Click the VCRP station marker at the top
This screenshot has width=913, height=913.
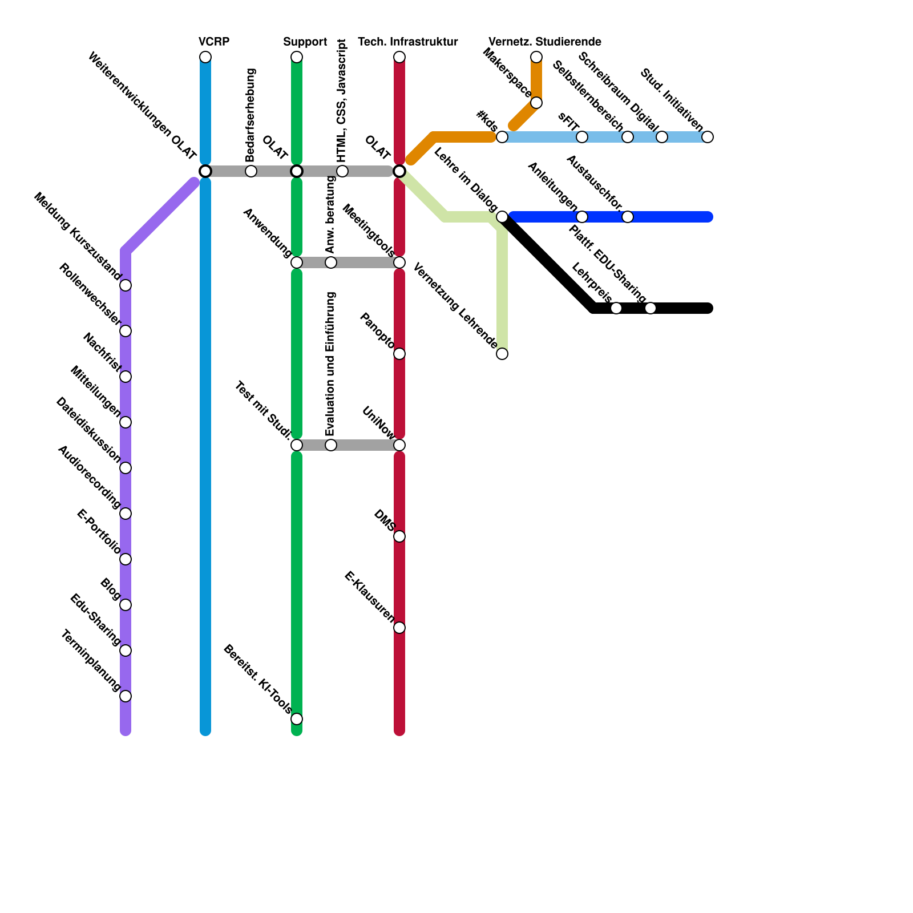(x=205, y=57)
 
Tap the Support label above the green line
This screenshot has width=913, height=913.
(x=305, y=42)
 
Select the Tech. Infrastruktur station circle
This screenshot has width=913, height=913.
(x=399, y=57)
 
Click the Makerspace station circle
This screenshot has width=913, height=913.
(x=536, y=103)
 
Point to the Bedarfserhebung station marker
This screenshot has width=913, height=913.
(x=251, y=171)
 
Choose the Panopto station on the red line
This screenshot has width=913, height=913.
(x=399, y=354)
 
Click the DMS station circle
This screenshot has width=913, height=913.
(x=399, y=536)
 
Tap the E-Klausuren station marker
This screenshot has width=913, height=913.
(x=399, y=628)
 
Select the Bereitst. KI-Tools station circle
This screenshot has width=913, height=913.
(x=297, y=719)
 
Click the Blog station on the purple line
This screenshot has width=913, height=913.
(x=126, y=605)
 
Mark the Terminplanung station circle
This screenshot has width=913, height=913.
(x=126, y=696)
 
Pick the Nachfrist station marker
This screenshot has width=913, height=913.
(x=126, y=377)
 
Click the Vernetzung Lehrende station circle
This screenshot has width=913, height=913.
(x=502, y=354)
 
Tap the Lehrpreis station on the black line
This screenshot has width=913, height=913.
(x=616, y=308)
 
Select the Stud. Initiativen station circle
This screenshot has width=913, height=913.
(x=708, y=137)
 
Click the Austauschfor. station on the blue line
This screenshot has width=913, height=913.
(x=628, y=217)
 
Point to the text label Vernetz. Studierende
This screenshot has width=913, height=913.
(x=544, y=42)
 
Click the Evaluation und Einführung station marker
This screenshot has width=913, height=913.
(x=331, y=445)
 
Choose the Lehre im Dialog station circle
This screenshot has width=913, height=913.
(x=502, y=217)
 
